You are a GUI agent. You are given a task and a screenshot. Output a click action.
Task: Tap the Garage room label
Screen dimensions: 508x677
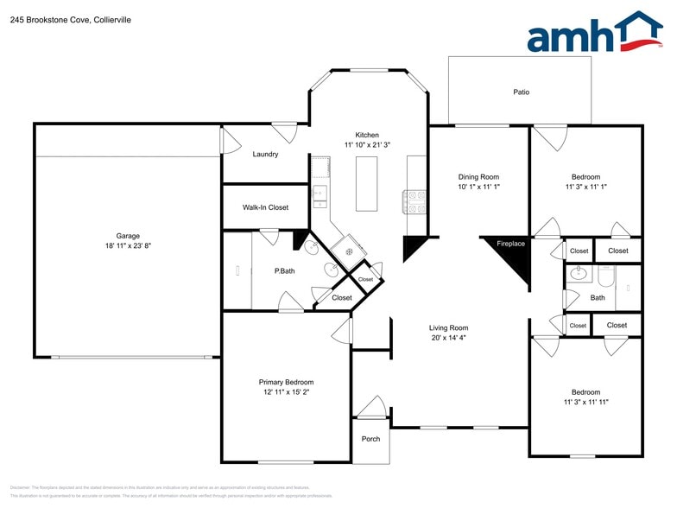point(128,236)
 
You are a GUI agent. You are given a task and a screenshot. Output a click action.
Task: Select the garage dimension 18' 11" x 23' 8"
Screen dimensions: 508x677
point(128,246)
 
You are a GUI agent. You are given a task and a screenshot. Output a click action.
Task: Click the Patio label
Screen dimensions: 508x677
point(521,92)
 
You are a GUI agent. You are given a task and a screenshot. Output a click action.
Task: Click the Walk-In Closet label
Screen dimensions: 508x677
point(265,207)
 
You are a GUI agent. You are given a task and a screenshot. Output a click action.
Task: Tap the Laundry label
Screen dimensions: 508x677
point(265,155)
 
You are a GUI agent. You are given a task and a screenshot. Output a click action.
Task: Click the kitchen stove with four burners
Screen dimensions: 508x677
point(414,201)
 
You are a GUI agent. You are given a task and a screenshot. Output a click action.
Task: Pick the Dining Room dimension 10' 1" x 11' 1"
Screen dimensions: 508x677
point(478,187)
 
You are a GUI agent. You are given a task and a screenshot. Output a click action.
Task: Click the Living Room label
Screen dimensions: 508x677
point(448,327)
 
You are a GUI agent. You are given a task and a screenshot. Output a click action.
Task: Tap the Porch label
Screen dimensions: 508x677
point(370,439)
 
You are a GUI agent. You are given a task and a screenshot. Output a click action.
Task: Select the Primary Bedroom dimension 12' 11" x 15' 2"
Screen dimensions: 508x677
point(286,392)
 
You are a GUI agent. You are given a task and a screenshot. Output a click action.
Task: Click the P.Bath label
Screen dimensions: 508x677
point(284,271)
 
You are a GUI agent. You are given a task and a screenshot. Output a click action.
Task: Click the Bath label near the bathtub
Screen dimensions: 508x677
point(598,298)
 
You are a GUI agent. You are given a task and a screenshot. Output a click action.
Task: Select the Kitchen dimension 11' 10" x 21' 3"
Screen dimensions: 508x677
point(367,145)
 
